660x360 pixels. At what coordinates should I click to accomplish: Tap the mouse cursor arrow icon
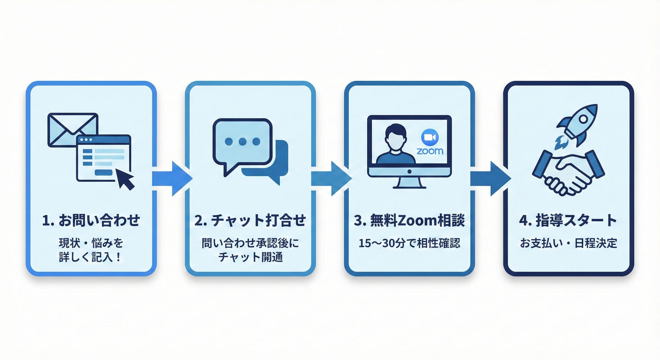click(126, 179)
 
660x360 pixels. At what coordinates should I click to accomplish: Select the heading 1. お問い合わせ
click(91, 221)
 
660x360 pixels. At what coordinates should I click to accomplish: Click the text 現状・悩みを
click(91, 243)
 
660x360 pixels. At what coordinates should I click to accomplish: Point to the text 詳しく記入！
click(91, 258)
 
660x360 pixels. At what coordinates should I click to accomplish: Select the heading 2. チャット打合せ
click(250, 221)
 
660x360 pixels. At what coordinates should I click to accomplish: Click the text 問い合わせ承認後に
click(250, 243)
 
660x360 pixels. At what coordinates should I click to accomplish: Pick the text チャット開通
click(250, 258)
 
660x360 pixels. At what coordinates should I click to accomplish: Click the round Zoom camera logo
click(430, 137)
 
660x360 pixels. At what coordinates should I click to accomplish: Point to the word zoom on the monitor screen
click(430, 151)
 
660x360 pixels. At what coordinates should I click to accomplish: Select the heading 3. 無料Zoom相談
click(409, 221)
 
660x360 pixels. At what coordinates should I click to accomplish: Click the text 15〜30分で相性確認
click(409, 243)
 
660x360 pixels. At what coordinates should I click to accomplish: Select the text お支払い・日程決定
click(568, 243)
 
